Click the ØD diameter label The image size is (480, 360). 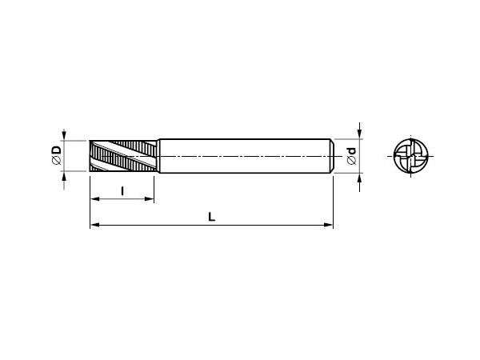click(57, 155)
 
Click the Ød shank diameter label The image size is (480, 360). click(352, 156)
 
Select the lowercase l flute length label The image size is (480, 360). click(122, 191)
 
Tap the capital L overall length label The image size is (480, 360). click(211, 217)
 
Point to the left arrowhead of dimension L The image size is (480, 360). click(95, 225)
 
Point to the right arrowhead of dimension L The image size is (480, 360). click(328, 225)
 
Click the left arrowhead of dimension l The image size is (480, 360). click(95, 199)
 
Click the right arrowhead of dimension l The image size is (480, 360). click(149, 199)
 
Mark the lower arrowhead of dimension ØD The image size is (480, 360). click(64, 176)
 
